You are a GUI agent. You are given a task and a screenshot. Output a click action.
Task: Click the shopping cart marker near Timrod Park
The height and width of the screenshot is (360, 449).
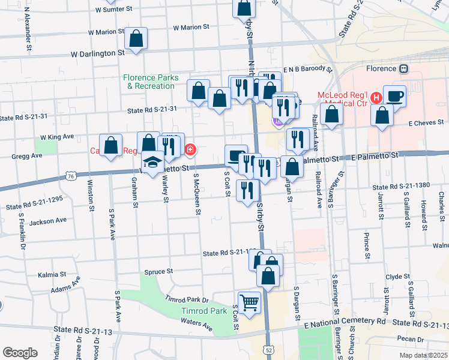[249, 301]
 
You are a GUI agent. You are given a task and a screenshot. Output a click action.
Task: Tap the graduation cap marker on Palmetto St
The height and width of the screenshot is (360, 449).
[153, 162]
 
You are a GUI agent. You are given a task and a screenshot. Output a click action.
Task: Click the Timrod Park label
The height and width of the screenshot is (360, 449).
[204, 311]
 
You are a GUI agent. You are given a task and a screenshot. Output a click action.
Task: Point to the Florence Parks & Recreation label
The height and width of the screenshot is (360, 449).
[149, 82]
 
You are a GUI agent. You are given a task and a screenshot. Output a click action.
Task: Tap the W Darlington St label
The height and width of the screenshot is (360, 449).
[97, 53]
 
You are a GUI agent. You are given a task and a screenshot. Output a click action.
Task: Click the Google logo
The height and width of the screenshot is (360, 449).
[20, 353]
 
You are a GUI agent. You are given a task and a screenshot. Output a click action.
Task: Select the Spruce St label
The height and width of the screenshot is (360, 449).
[158, 272]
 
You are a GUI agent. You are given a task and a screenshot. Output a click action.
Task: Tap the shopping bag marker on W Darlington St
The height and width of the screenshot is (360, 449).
[136, 40]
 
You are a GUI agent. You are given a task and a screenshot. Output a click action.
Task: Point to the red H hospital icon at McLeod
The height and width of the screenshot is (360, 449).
[376, 97]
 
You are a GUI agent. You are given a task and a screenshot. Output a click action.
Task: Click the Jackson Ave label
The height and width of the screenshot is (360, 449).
[48, 222]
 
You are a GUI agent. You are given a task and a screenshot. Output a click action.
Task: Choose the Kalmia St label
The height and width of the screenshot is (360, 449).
[52, 274]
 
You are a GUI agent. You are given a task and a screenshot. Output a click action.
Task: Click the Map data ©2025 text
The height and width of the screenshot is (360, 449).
[423, 355]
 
